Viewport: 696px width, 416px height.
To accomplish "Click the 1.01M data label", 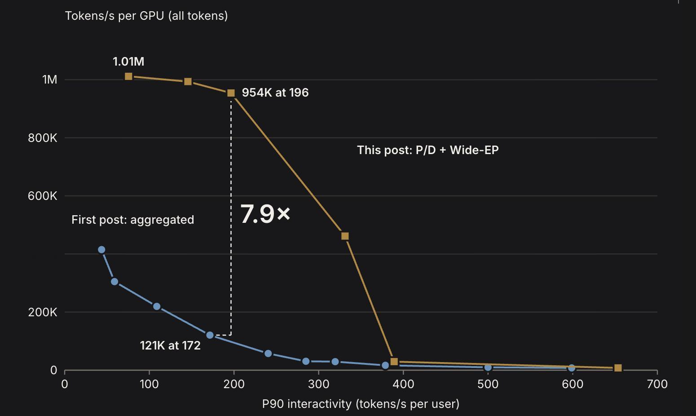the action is (x=128, y=62).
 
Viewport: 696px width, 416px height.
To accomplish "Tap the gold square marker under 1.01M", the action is (x=128, y=76).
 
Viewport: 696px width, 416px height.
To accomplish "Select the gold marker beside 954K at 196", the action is (x=231, y=93).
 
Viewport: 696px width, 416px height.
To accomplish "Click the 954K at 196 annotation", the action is (x=275, y=93).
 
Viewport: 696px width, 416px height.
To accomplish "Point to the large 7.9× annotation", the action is (x=265, y=213).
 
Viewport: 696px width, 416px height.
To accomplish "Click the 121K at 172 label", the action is (x=170, y=345).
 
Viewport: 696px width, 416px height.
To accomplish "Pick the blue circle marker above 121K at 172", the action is (x=210, y=335).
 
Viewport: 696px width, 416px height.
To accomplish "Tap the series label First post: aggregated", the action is (x=132, y=220).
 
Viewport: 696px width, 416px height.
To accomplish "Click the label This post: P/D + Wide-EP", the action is (x=427, y=150).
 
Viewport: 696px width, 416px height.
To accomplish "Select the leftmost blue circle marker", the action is (x=101, y=250).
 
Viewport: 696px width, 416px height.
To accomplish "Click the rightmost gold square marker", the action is (x=618, y=368).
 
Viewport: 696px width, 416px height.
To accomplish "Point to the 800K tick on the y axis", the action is (x=43, y=138).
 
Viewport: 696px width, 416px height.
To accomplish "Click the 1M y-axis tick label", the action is (x=50, y=80).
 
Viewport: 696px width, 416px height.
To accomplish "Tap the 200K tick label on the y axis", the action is (x=43, y=312).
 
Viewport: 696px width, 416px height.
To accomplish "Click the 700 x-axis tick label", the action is (x=657, y=384).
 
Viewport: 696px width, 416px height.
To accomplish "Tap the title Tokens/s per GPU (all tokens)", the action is (x=146, y=16).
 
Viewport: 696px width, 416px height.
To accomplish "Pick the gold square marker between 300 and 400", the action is (x=345, y=236).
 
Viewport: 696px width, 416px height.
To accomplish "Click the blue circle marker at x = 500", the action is (x=488, y=367).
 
